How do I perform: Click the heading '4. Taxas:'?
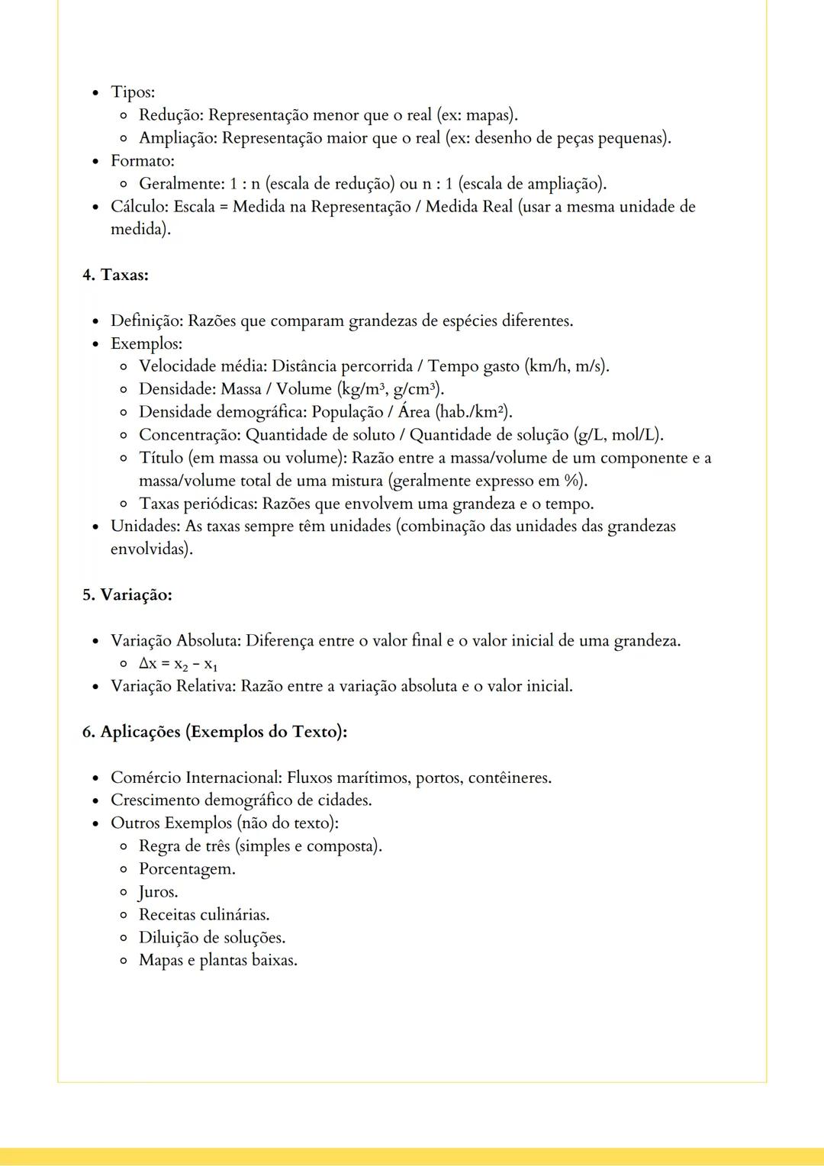(115, 275)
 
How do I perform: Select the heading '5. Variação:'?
(127, 594)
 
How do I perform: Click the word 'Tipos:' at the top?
(133, 92)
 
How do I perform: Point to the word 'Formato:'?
(143, 161)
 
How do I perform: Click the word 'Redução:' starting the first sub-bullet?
(171, 115)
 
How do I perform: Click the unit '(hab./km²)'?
(474, 412)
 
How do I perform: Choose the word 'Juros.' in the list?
(158, 892)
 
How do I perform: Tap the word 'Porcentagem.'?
(187, 869)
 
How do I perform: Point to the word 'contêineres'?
(508, 778)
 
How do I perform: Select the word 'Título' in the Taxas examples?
(160, 458)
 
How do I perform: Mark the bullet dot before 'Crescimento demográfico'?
(95, 801)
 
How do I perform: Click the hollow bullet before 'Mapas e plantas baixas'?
(124, 961)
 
